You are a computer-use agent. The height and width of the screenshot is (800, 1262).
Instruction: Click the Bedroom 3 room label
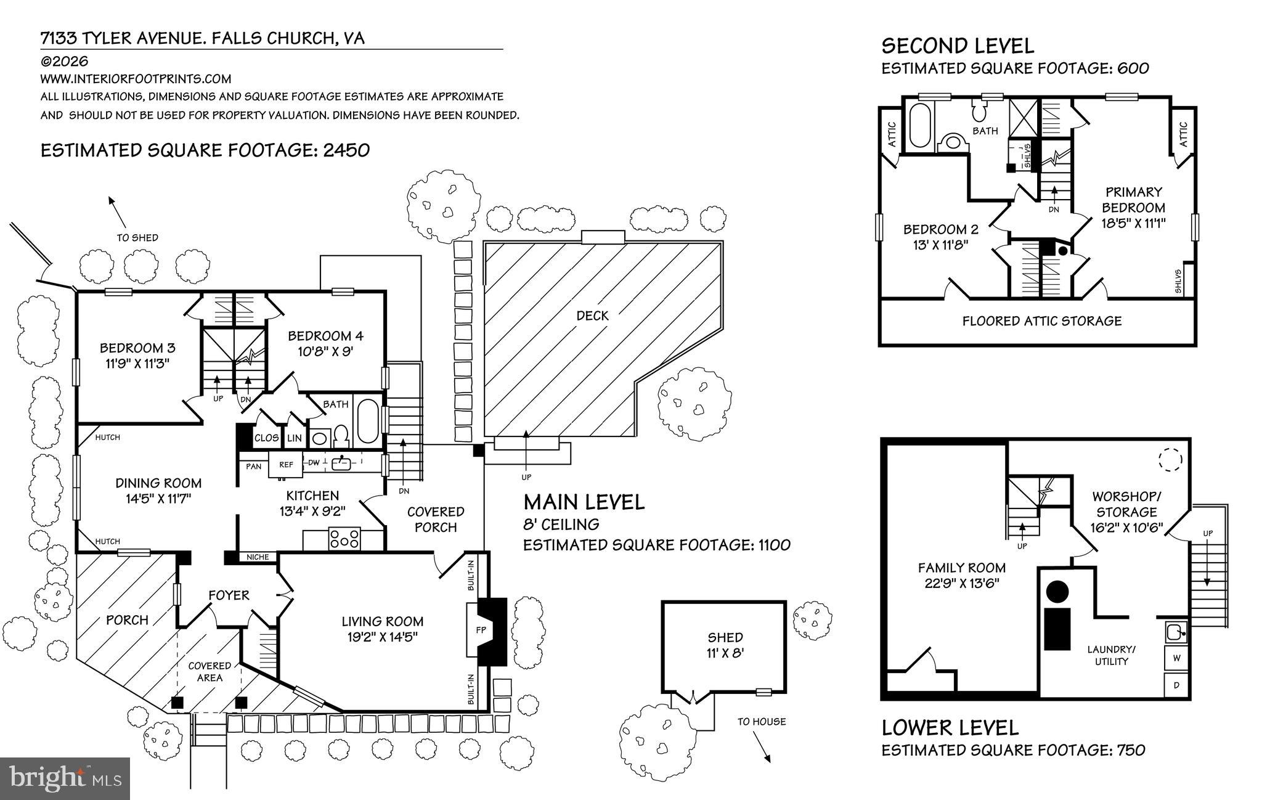(137, 348)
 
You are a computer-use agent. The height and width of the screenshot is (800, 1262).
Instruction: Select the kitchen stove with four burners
(344, 539)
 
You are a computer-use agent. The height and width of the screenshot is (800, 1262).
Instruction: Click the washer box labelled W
(1176, 658)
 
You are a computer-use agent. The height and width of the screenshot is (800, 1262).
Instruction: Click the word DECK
(592, 316)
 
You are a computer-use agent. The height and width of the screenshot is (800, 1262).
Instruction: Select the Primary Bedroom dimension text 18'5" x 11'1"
(1134, 223)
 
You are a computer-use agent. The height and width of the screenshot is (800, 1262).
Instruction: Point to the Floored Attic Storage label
(1042, 320)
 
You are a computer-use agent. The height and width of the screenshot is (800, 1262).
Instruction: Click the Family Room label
(962, 568)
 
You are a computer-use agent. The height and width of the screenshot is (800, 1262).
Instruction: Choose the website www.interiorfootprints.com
(136, 79)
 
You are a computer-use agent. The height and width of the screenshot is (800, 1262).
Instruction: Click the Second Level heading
(958, 46)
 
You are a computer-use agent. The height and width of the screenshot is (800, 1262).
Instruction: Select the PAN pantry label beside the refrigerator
(253, 467)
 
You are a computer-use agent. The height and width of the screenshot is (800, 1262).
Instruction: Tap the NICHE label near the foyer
(258, 557)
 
